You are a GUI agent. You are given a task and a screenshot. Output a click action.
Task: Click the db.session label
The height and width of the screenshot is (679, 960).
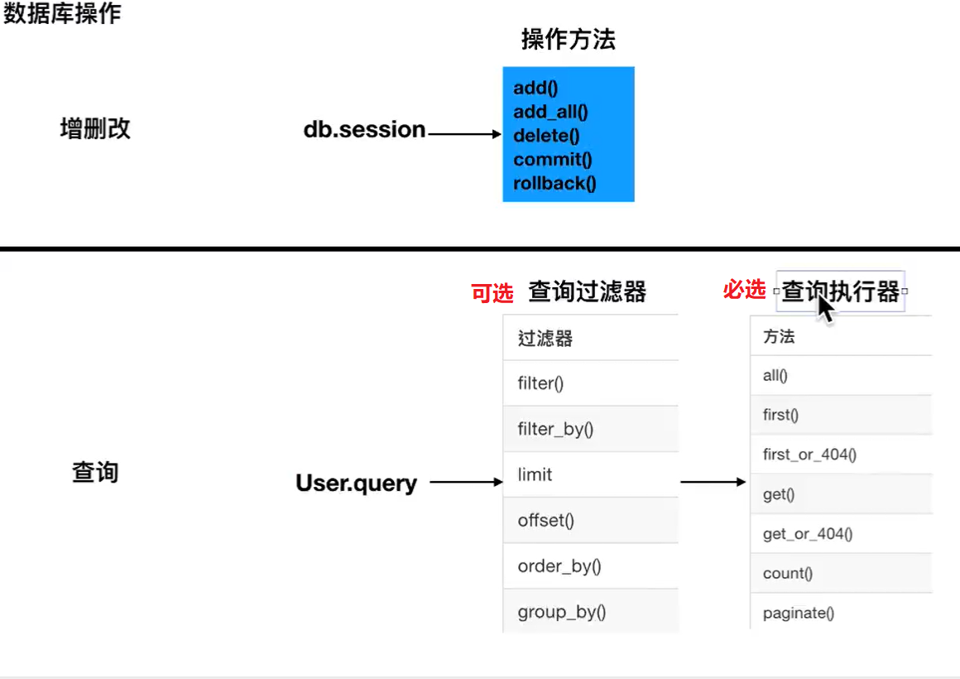click(x=364, y=129)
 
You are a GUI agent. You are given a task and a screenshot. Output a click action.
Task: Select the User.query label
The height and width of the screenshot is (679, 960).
click(x=357, y=483)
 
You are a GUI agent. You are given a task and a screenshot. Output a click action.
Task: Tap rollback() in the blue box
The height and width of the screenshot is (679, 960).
click(x=554, y=183)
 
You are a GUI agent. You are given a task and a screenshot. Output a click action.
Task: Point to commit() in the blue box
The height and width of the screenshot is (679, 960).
click(x=553, y=159)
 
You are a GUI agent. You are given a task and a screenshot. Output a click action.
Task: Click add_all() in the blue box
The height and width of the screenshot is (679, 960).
click(x=550, y=112)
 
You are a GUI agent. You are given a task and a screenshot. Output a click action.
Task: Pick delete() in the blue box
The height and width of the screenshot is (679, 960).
click(x=546, y=136)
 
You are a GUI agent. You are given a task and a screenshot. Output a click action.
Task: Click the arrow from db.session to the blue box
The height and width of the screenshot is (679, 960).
click(x=465, y=133)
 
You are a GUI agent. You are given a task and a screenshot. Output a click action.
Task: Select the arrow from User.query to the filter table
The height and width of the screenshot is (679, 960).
click(x=467, y=482)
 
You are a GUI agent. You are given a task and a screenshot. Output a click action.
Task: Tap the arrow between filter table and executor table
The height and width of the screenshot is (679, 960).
click(x=713, y=482)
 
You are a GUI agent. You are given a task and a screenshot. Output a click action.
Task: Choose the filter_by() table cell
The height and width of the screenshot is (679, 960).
click(x=591, y=429)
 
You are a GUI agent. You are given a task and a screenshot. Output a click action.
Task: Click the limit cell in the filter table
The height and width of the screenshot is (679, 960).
click(x=591, y=474)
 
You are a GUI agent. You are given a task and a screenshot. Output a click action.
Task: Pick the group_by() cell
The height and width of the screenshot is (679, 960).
click(x=591, y=611)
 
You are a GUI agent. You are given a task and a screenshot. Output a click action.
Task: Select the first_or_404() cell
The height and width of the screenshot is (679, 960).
click(x=841, y=454)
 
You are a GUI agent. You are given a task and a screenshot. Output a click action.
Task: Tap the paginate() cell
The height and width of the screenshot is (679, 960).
click(x=841, y=612)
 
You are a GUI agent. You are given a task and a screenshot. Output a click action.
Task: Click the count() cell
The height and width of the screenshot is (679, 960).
click(x=841, y=573)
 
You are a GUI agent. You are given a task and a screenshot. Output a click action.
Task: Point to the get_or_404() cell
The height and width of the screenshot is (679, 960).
click(x=841, y=534)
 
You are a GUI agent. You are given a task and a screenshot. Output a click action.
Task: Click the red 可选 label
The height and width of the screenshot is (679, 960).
click(x=492, y=293)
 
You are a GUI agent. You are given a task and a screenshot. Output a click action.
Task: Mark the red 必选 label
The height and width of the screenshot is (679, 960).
click(x=745, y=289)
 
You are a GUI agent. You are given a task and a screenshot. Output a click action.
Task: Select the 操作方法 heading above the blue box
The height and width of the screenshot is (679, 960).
click(x=569, y=39)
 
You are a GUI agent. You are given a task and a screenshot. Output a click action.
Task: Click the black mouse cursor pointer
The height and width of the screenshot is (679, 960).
click(x=825, y=307)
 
